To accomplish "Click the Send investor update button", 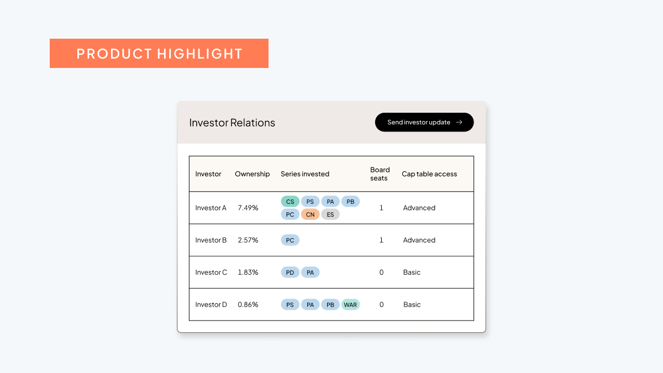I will (x=424, y=122).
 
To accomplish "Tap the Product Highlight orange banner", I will (x=159, y=54).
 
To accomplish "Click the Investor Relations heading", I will (x=232, y=123).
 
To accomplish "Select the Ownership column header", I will (x=252, y=174).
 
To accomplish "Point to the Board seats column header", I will (x=380, y=174).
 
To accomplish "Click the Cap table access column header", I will (x=429, y=174).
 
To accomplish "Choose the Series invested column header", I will (x=304, y=174).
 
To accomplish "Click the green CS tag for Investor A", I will (x=290, y=202).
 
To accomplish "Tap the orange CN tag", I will (x=310, y=214).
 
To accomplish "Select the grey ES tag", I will (x=330, y=214).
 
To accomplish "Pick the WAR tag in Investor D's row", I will (x=350, y=304).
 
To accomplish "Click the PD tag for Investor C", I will (x=290, y=272).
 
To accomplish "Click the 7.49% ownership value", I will (x=248, y=208).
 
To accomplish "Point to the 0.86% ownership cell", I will (x=248, y=304).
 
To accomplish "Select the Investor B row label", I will (x=211, y=240).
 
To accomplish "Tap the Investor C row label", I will (x=211, y=272).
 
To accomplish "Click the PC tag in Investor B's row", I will (x=290, y=240).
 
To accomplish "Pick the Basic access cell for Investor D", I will (x=412, y=304).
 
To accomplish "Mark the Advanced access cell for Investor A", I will (x=419, y=208).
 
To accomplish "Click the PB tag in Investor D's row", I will (x=330, y=304).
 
